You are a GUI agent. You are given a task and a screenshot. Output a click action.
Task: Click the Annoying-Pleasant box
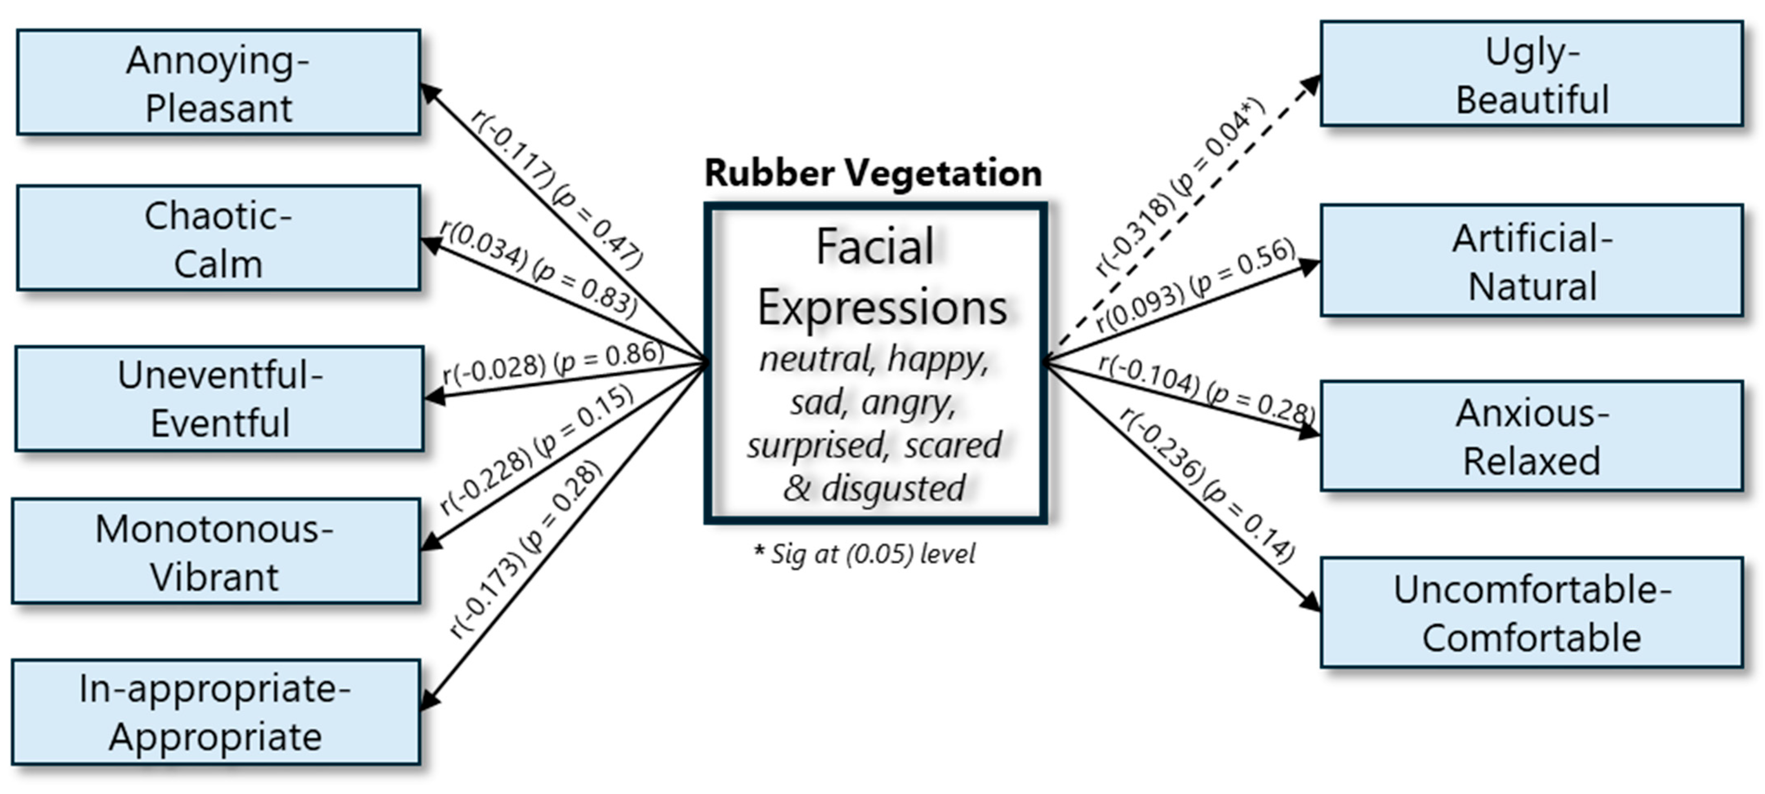pyautogui.click(x=218, y=82)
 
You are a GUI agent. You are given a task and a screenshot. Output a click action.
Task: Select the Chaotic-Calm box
pyautogui.click(x=218, y=238)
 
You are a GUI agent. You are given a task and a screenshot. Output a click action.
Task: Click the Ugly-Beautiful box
pyautogui.click(x=1532, y=74)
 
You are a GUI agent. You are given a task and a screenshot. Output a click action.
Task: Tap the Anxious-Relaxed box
pyautogui.click(x=1532, y=437)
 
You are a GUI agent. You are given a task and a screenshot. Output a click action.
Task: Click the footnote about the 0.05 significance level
pyautogui.click(x=865, y=554)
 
